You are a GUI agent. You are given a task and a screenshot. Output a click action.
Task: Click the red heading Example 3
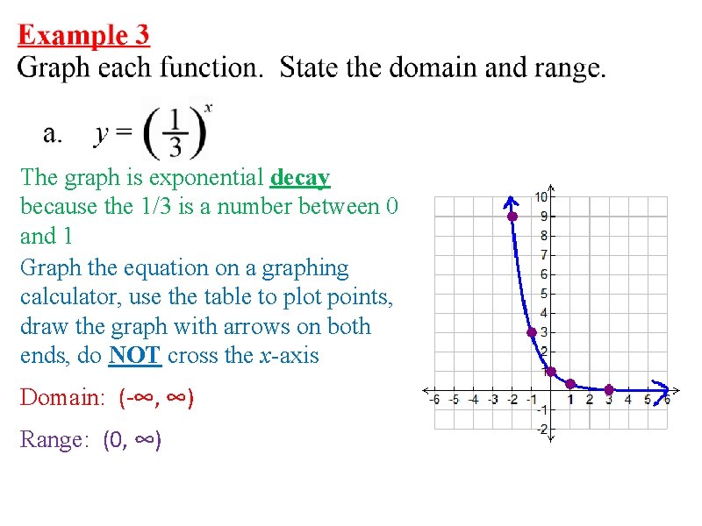click(84, 35)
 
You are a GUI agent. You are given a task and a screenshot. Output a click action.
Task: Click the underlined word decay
click(300, 178)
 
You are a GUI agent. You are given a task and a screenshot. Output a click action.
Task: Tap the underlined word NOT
click(134, 356)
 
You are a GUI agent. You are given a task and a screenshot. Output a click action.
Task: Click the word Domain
click(59, 398)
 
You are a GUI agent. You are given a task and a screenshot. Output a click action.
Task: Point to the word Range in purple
click(52, 439)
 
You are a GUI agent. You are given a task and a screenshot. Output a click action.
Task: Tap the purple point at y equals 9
click(512, 216)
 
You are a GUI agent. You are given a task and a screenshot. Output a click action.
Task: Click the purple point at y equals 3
click(532, 332)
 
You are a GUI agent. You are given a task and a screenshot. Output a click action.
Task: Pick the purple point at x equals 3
click(609, 389)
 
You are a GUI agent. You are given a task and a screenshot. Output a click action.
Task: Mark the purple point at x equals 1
click(570, 384)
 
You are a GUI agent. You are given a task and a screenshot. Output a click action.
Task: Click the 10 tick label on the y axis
click(543, 196)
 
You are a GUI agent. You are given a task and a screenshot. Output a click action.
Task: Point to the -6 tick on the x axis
click(434, 400)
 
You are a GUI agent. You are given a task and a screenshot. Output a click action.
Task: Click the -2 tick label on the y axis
click(542, 429)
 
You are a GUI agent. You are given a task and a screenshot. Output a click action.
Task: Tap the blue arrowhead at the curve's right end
click(663, 389)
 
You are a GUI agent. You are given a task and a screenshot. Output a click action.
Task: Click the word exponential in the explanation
click(208, 178)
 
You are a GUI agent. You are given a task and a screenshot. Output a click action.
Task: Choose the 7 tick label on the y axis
click(545, 254)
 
